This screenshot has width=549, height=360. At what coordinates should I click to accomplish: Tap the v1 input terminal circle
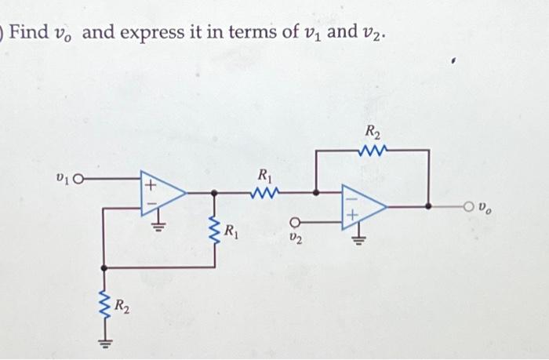(78, 180)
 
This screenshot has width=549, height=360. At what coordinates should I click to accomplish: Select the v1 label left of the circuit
(65, 180)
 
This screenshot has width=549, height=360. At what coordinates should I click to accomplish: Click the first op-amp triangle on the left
(161, 191)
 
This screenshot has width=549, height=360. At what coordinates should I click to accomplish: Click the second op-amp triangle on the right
(362, 207)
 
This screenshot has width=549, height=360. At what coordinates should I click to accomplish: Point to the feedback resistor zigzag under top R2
(371, 149)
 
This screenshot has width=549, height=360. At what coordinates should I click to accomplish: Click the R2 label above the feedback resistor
(372, 130)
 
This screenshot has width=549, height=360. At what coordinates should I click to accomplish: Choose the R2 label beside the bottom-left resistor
(122, 304)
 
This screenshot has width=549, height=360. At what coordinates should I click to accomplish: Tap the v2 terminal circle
(296, 220)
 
